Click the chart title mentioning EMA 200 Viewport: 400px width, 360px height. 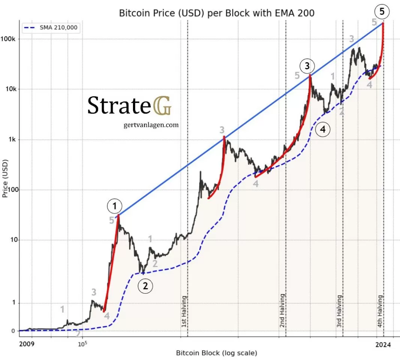[x=216, y=13]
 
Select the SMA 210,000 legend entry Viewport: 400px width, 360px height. [x=51, y=27]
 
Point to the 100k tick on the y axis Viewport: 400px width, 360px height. [x=8, y=39]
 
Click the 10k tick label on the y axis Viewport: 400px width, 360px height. [x=9, y=89]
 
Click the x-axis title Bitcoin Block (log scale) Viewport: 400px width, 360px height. [x=216, y=353]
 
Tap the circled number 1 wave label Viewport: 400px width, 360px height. [x=115, y=205]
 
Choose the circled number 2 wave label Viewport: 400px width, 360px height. [x=145, y=286]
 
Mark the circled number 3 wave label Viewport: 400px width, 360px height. [x=307, y=66]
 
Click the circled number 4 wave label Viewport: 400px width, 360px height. [x=323, y=130]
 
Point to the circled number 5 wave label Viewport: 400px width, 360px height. [x=382, y=12]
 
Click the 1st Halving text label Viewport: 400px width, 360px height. [x=184, y=312]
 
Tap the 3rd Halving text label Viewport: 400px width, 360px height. [x=339, y=311]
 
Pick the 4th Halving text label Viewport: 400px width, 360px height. [x=380, y=312]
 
